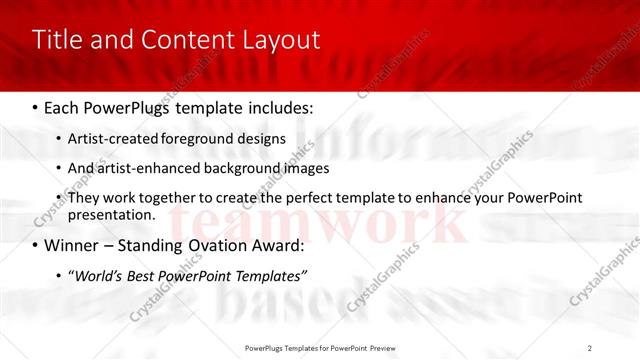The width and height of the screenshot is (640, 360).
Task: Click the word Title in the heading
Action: [x=58, y=40]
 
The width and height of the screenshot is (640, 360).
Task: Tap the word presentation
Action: [x=111, y=214]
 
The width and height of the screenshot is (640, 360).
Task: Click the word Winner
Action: [x=73, y=245]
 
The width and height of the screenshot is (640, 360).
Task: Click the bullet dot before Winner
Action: [x=35, y=245]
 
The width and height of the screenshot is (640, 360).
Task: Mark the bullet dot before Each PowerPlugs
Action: [x=35, y=107]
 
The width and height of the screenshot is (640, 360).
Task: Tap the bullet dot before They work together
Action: [x=58, y=198]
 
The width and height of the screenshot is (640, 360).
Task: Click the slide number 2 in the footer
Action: [x=590, y=347]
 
